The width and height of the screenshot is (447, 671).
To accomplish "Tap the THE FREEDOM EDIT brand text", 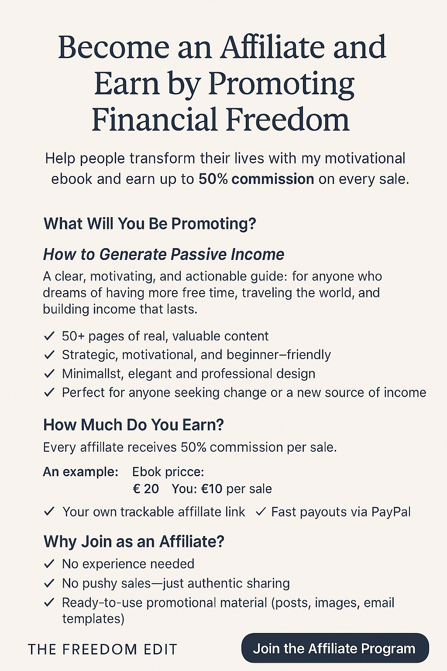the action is tap(103, 650).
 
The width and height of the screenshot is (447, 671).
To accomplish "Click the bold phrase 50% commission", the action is tap(256, 179).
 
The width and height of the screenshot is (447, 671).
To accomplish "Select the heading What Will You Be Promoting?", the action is tap(150, 224).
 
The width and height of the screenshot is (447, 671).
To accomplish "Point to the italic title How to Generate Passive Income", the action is tap(163, 255).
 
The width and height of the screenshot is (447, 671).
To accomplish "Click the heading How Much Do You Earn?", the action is tap(134, 425).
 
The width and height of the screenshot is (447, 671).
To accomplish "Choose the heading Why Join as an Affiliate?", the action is tap(134, 541).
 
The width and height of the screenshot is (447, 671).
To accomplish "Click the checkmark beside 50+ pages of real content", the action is tap(49, 336).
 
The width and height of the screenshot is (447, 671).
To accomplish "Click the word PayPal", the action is tap(391, 512).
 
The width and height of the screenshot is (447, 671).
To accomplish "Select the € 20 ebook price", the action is tap(145, 489).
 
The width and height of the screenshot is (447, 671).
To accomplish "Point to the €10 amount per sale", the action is tap(211, 489).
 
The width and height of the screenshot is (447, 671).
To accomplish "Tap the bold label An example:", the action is tap(80, 472).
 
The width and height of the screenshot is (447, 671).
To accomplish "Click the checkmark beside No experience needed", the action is tap(49, 564).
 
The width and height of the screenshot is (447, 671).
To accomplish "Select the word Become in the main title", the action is tap(114, 48).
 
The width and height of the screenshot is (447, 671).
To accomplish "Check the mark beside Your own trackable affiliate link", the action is tap(49, 512).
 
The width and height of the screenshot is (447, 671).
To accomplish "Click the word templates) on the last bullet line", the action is tap(93, 618).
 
